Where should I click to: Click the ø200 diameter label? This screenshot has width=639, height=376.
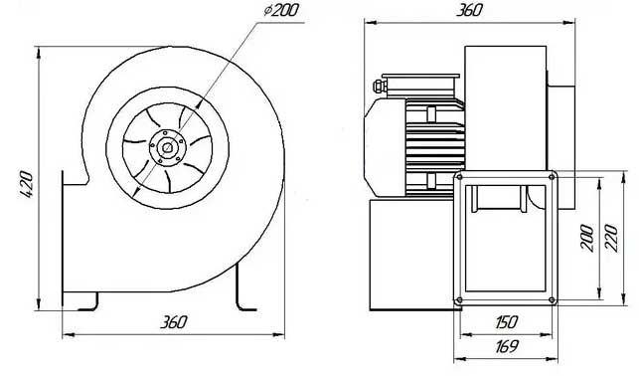pyautogui.click(x=281, y=11)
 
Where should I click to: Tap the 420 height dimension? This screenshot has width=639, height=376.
pyautogui.click(x=27, y=185)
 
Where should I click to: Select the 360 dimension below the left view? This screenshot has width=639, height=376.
pyautogui.click(x=173, y=322)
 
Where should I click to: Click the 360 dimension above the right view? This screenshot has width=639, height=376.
pyautogui.click(x=469, y=10)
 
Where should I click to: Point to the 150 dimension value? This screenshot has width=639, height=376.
pyautogui.click(x=507, y=322)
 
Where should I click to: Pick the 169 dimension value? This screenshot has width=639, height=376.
pyautogui.click(x=507, y=347)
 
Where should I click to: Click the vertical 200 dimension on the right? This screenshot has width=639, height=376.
pyautogui.click(x=587, y=238)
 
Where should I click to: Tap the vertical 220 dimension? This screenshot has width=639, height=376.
pyautogui.click(x=611, y=238)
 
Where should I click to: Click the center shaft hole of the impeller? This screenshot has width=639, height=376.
pyautogui.click(x=167, y=147)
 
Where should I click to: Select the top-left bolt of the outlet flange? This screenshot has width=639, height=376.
pyautogui.click(x=459, y=177)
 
